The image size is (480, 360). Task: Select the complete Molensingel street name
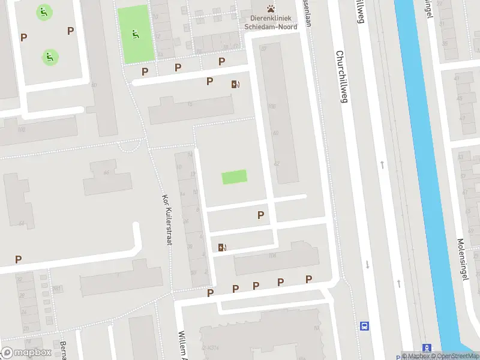(463, 249)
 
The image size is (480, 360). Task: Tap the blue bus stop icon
(364, 326)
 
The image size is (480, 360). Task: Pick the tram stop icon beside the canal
(427, 348)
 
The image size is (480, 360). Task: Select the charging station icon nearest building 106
(223, 247)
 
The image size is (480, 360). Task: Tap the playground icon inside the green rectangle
(136, 34)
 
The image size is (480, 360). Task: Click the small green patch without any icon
(234, 177)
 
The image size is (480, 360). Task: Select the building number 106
(272, 257)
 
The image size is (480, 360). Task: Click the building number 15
(190, 105)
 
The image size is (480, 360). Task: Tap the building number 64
(22, 223)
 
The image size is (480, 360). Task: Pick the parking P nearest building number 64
(19, 259)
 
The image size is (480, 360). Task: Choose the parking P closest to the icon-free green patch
(260, 214)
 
